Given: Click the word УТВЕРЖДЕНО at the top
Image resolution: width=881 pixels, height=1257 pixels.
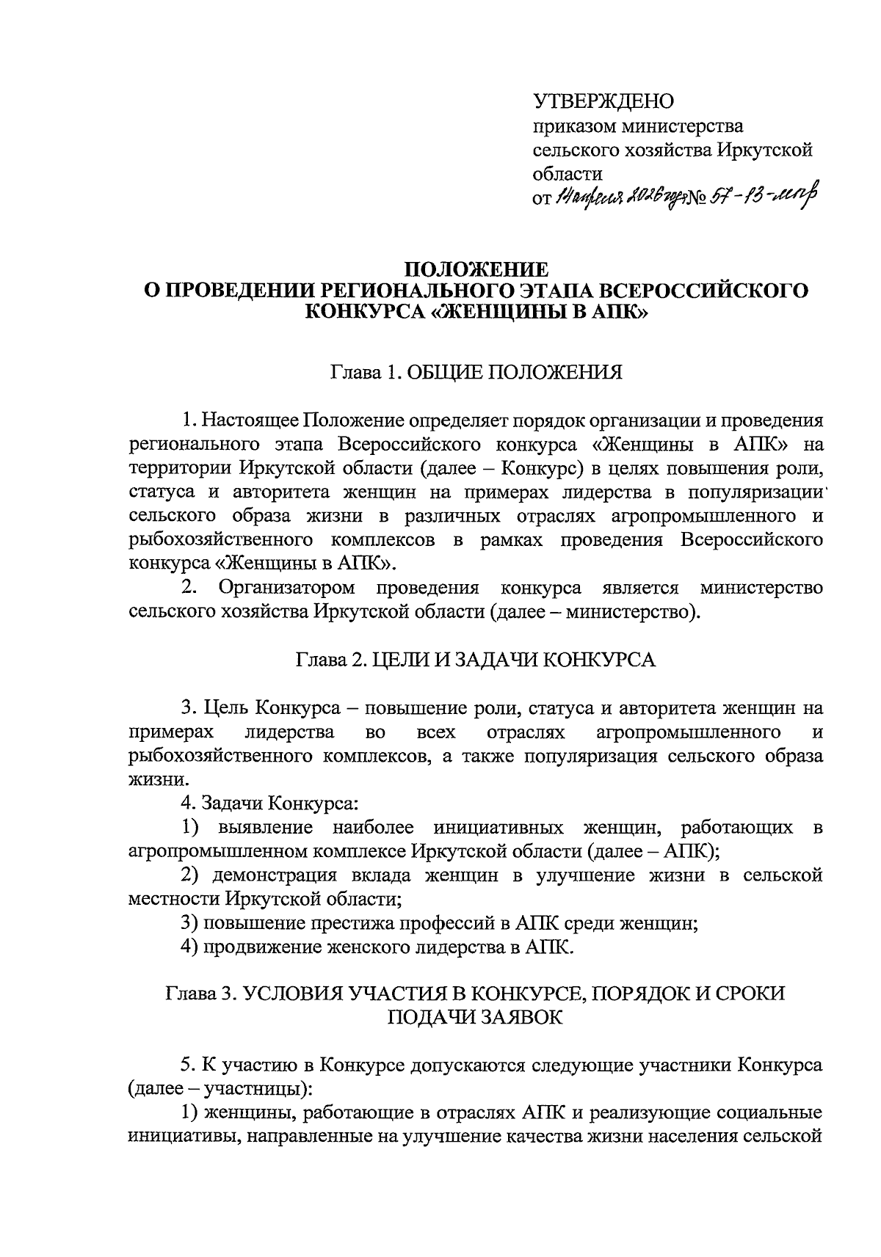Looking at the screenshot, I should [603, 101].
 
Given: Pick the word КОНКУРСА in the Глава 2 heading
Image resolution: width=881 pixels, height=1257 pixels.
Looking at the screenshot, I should [599, 659].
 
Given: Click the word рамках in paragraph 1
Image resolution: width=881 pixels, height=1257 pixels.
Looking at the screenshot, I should [512, 539].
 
